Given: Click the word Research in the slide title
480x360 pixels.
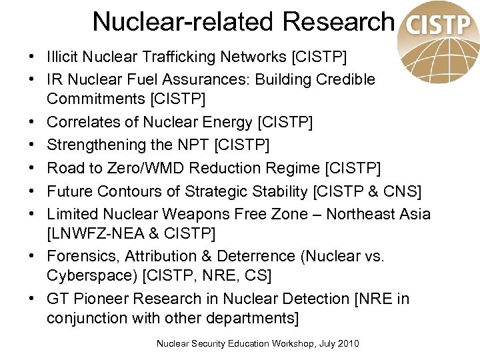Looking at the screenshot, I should click(338, 22).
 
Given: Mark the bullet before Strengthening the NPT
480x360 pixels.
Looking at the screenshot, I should click(32, 145).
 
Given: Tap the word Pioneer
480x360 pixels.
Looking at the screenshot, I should click(101, 299).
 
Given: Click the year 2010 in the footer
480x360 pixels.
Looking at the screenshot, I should click(347, 343).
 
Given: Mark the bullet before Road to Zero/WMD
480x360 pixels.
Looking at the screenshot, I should click(32, 168).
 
